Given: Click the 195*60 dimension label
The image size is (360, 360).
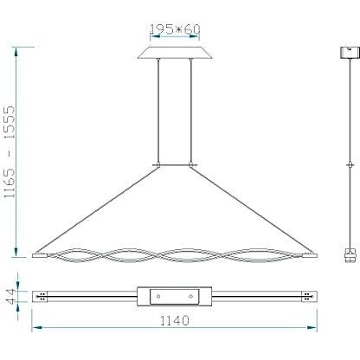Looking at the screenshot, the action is point(175,29).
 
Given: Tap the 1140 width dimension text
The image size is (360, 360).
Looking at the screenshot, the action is point(175,320).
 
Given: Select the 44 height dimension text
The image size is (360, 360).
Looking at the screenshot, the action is point(10,296).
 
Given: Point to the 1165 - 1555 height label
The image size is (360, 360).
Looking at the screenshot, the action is point(10,151).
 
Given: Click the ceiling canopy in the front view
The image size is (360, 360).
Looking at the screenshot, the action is point(175,53).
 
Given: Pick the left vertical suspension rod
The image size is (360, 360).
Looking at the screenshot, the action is point(158,112).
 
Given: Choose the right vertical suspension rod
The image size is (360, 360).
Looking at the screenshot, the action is point(190,112).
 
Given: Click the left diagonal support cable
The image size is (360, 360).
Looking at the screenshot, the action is point(97,209).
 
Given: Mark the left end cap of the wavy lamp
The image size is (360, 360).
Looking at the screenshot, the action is point(40,255).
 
